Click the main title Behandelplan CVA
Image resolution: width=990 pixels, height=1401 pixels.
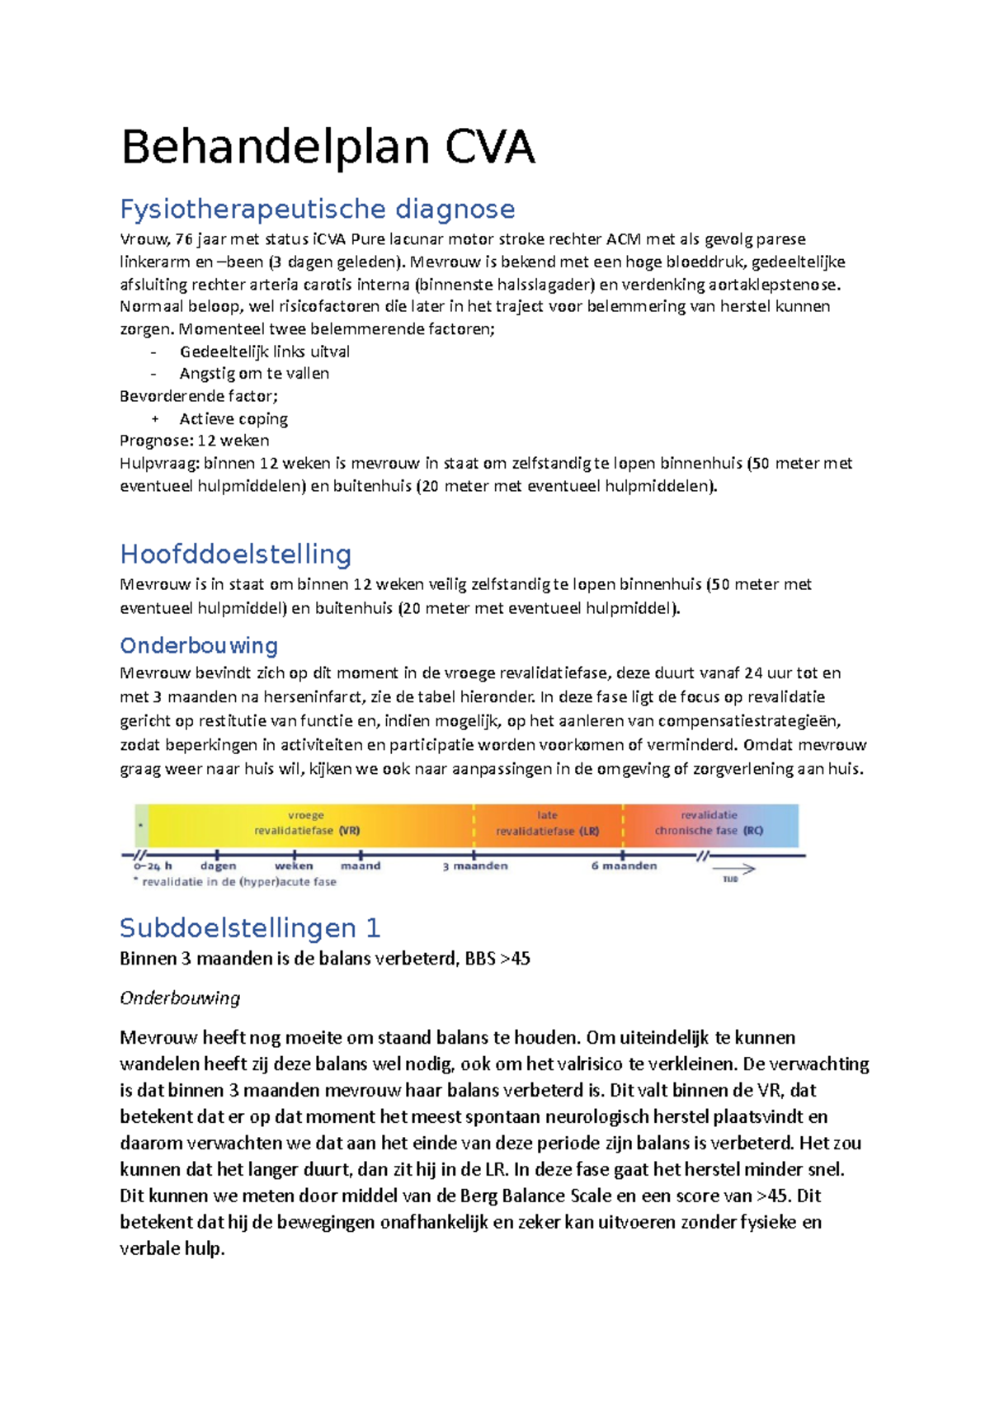(x=328, y=149)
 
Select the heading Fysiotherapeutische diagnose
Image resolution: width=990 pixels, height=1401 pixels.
(x=317, y=209)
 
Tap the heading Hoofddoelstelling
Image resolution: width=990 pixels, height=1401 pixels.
(x=235, y=554)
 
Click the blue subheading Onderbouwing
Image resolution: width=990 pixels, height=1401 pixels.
(x=198, y=645)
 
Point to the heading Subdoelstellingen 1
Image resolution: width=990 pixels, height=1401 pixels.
(x=249, y=928)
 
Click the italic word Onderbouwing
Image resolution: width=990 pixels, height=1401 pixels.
(x=180, y=998)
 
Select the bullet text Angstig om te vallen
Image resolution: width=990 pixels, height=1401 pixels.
(x=254, y=374)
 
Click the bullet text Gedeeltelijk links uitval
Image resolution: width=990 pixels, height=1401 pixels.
(x=264, y=351)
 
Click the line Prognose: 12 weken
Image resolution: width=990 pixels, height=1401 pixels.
(x=194, y=441)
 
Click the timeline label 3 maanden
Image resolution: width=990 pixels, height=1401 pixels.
(x=475, y=866)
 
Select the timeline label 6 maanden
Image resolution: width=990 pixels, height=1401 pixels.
(x=624, y=866)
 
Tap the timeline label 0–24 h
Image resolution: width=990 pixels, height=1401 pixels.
(x=153, y=866)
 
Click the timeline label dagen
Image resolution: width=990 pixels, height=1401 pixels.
(x=218, y=866)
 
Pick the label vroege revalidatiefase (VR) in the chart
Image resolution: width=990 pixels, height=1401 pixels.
(x=306, y=823)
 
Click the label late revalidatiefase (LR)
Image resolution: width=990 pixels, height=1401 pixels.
(x=547, y=823)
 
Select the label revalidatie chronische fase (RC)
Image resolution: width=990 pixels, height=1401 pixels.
(x=709, y=823)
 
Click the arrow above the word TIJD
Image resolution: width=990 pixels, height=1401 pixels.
(x=733, y=869)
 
